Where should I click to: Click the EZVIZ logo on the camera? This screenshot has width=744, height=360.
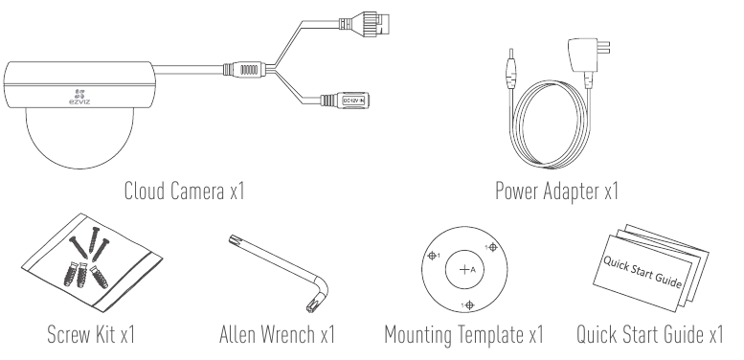pos(79,97)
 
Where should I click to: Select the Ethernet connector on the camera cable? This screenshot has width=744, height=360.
pos(368,22)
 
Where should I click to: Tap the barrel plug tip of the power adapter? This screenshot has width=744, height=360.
pos(510,69)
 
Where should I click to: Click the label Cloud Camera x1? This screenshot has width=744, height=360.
pos(184,191)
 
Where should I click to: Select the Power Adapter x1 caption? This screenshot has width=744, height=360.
pos(556,191)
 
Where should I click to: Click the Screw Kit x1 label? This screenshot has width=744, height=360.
pos(91,334)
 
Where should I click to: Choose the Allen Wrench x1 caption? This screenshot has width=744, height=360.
pos(277,334)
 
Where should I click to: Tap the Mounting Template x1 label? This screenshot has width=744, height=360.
pos(463,335)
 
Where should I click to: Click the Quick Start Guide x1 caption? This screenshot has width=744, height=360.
pos(649,334)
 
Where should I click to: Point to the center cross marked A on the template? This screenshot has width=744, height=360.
pos(464,270)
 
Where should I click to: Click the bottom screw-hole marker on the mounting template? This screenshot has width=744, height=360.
pos(470,305)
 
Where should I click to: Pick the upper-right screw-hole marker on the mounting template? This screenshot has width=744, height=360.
pos(492,247)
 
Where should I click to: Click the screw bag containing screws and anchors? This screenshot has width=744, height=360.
pos(92,262)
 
